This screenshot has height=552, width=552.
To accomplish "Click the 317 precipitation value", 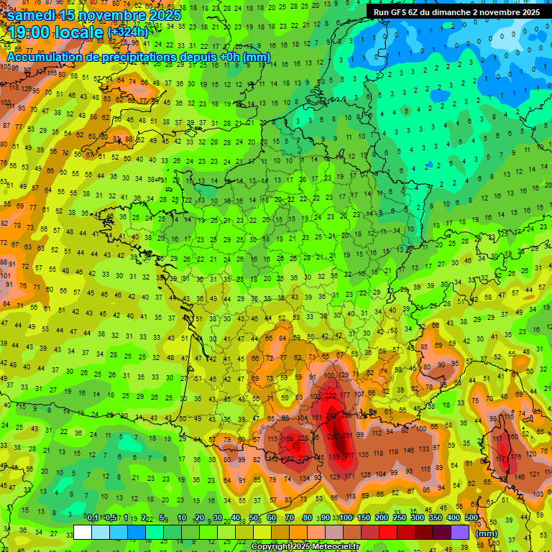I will click(349, 456).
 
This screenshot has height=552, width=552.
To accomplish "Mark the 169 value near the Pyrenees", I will click(288, 439).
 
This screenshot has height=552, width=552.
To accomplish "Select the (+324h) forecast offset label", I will click(127, 32).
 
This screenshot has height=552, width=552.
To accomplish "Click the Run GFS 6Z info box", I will click(456, 12).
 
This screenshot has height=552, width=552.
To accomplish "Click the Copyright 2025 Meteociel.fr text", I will click(305, 546).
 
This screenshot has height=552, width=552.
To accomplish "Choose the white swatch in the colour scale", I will click(83, 532).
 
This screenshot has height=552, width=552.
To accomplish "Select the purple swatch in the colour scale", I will click(460, 532).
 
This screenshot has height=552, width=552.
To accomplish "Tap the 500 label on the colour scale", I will click(471, 518).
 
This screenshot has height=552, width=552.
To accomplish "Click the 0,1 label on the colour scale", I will click(92, 518).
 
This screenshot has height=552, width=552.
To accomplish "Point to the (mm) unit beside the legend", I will click(487, 533).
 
